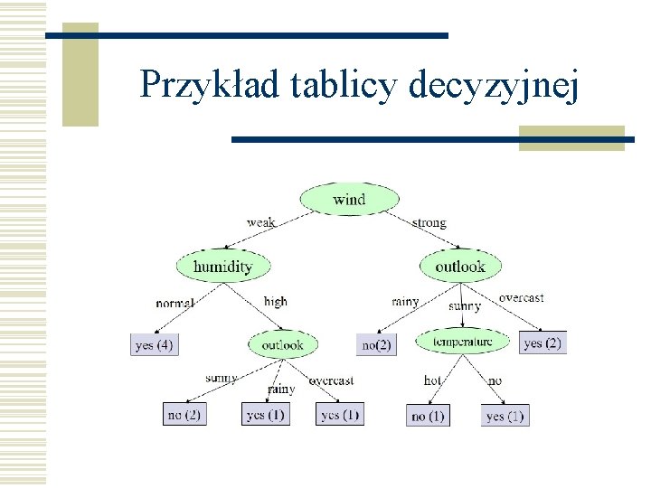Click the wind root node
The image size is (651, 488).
349,199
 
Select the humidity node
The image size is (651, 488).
222,266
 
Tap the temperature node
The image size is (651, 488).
462,341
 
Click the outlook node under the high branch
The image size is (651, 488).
282,344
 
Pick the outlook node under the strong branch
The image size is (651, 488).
460,266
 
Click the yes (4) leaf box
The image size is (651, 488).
154,344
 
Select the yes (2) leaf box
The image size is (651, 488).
543,343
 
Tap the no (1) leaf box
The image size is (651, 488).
428,416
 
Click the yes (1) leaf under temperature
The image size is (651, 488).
505,416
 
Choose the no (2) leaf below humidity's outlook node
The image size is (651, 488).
184,414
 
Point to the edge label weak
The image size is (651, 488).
261,222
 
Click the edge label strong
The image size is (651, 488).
429,222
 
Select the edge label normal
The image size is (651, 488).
175,303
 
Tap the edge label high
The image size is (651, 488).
275,301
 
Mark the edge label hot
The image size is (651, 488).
433,380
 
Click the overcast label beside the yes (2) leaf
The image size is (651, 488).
521,297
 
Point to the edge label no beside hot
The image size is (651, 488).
495,380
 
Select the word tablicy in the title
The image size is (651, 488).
345,85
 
